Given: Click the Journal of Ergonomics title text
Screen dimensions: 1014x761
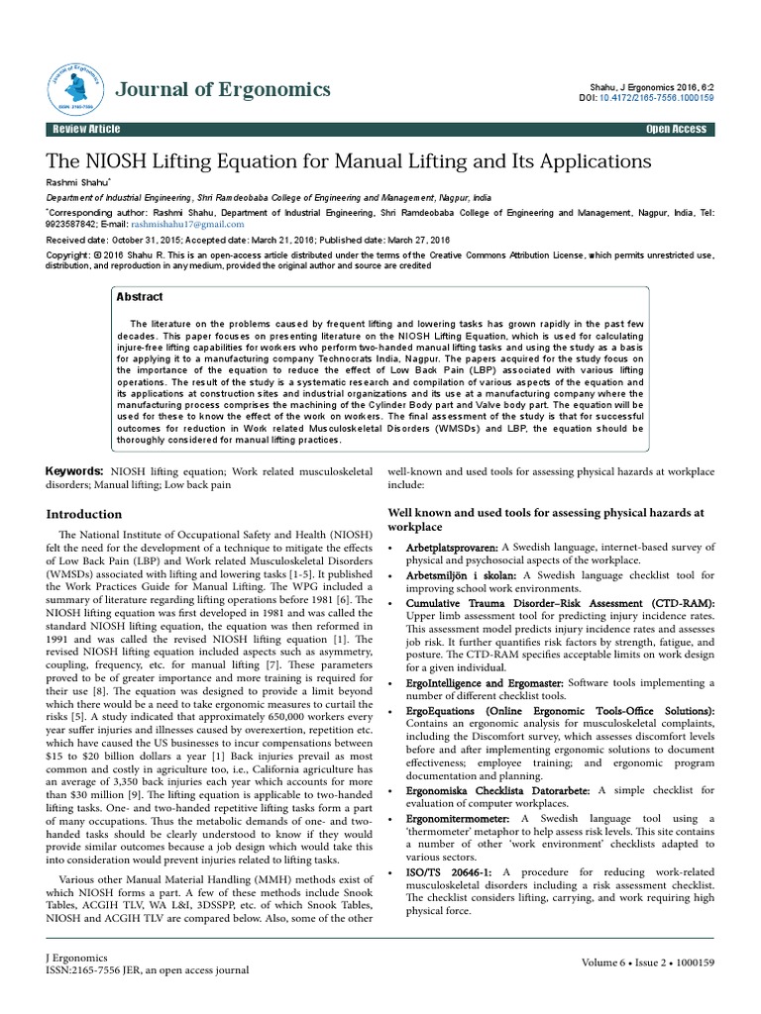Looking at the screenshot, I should (x=223, y=90).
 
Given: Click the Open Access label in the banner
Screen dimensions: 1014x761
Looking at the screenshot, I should (x=676, y=130).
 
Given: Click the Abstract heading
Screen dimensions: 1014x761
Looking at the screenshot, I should (x=140, y=296).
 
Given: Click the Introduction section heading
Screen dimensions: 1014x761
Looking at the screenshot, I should (x=85, y=514).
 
